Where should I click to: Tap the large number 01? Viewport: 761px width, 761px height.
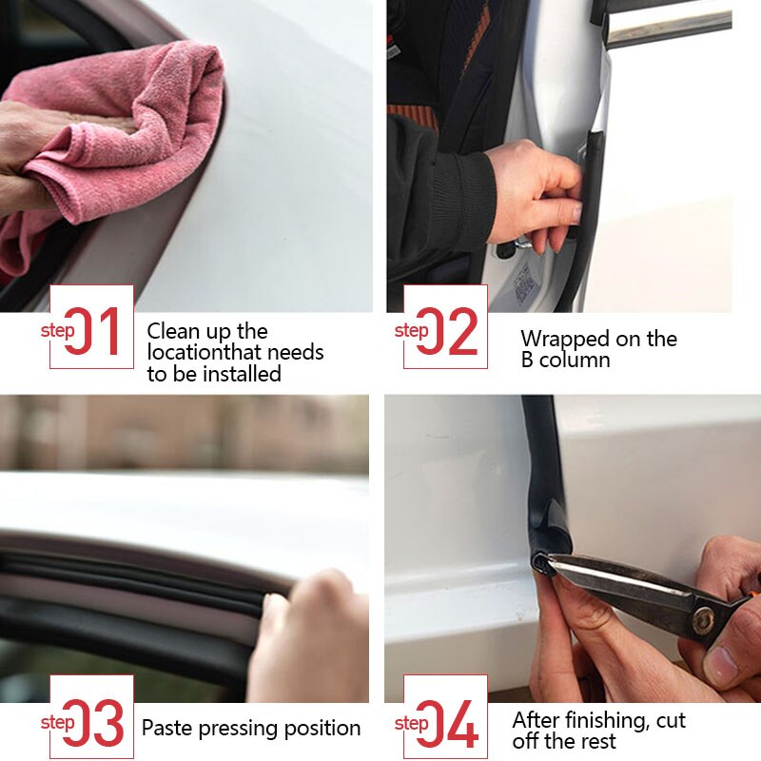click(x=92, y=332)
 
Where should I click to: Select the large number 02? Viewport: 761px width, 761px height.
click(x=447, y=332)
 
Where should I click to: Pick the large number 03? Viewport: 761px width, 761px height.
click(x=92, y=724)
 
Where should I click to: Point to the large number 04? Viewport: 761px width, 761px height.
click(x=447, y=724)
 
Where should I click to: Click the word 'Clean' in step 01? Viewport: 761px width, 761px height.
click(x=173, y=332)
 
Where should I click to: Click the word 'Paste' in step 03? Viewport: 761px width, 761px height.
click(x=166, y=729)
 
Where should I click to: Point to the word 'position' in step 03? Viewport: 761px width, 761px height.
click(x=322, y=730)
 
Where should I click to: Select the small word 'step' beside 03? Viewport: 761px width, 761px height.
click(x=57, y=723)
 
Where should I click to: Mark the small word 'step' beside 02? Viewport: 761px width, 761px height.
click(x=411, y=331)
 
